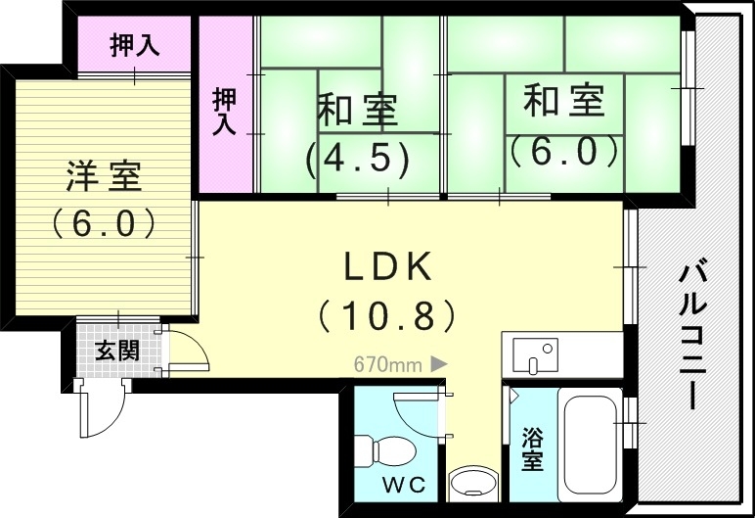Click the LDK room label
pos(385,265)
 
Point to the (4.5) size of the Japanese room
pos(356,159)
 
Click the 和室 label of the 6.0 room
pos(563,101)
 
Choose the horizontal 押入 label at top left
pos(135,45)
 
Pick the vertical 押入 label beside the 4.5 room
pos(225,111)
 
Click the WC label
pos(397,484)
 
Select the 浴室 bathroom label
pos(532,449)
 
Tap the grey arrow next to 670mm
pos(439,364)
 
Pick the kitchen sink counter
pos(560,355)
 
